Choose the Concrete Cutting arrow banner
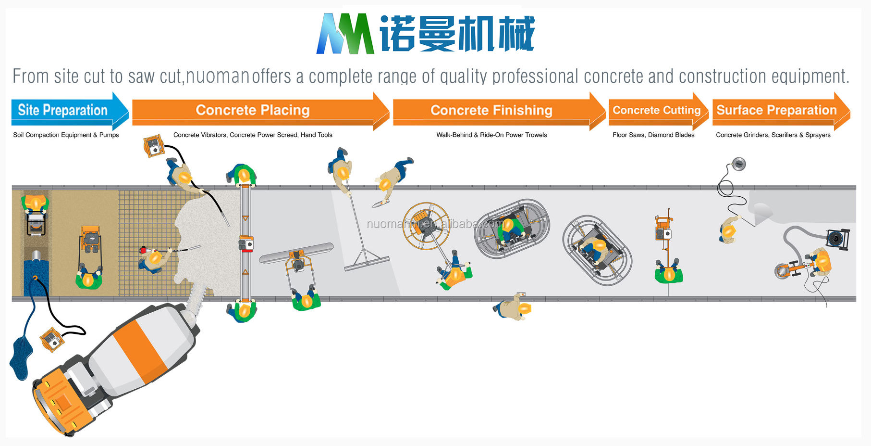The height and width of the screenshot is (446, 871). [x=656, y=111]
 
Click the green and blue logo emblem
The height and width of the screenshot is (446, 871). [x=345, y=34]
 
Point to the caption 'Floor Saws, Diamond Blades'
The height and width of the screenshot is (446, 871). [x=653, y=135]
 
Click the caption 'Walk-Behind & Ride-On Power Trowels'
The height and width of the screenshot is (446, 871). [x=491, y=135]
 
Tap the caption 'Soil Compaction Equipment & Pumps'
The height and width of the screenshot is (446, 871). [x=66, y=135]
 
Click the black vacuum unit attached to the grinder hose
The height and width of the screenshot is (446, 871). [x=838, y=239]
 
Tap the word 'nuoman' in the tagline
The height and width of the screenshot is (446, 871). [x=217, y=76]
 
